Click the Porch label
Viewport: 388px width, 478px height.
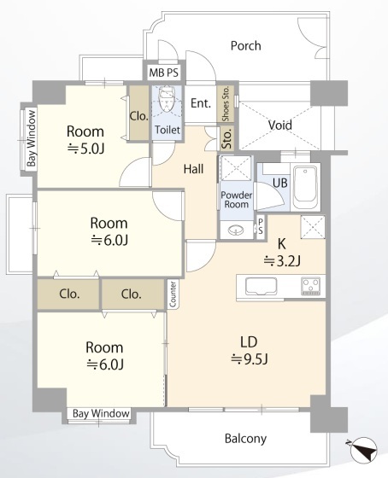tap(246, 46)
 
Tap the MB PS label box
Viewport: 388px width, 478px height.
tap(164, 73)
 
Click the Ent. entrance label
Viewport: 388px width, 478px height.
tap(201, 103)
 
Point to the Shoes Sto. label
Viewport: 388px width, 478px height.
tap(226, 104)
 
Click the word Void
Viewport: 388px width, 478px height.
tap(280, 125)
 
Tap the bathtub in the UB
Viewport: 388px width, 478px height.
tap(305, 187)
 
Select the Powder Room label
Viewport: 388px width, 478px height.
tap(236, 200)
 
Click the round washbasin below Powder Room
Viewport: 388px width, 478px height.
tap(236, 230)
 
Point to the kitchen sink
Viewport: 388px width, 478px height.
tap(262, 287)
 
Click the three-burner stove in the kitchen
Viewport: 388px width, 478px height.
tap(311, 286)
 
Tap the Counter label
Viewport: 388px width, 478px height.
tap(173, 294)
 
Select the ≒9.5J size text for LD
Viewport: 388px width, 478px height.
tap(249, 359)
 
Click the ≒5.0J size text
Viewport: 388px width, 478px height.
tap(85, 149)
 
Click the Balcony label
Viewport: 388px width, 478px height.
tap(245, 439)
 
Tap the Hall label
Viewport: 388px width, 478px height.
tap(193, 169)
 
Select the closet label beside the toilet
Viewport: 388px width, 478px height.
tap(139, 116)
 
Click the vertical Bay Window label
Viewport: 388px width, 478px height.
tap(31, 138)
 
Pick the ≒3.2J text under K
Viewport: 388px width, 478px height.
tap(282, 261)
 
